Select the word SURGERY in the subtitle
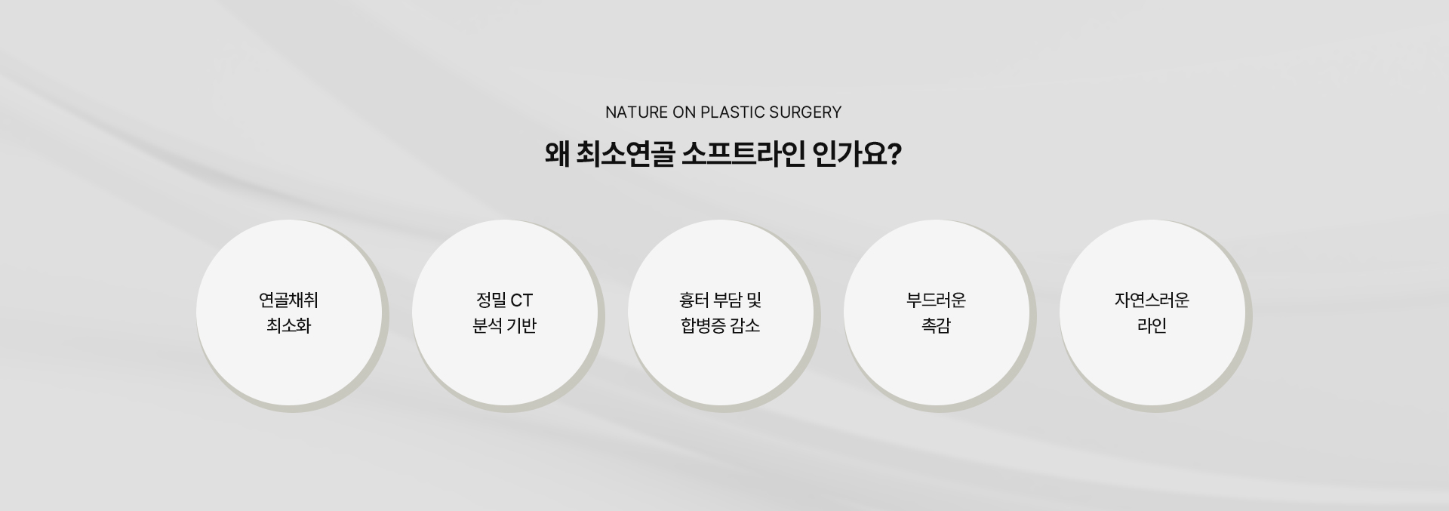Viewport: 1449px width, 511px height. coord(804,112)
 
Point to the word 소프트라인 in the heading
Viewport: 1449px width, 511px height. coord(743,155)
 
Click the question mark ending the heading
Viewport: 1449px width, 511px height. coord(895,155)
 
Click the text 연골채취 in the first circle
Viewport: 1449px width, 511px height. coord(288,300)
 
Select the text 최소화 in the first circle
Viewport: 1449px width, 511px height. coord(288,326)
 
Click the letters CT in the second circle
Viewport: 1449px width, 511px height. coord(521,300)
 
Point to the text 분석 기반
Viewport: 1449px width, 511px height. coord(504,326)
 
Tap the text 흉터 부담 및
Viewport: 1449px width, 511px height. coord(720,300)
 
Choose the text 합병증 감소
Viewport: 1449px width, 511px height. coord(720,326)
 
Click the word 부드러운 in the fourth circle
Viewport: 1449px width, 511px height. coord(936,300)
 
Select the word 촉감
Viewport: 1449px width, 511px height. coord(936,326)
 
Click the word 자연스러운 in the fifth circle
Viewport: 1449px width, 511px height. coord(1152,300)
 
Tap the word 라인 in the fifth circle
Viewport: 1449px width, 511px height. coord(1152,326)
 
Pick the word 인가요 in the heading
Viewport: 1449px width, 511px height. coord(851,155)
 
